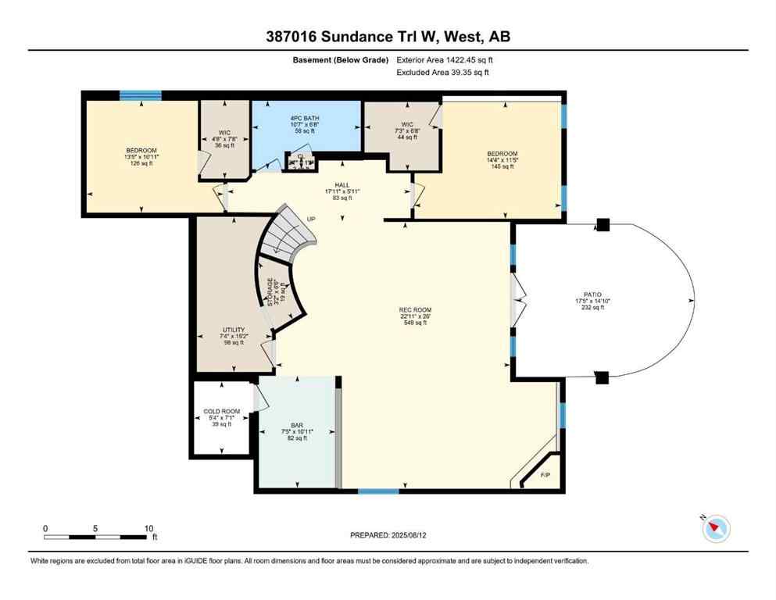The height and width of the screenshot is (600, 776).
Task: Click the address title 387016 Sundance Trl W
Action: (388, 37)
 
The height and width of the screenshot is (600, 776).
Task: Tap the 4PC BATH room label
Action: (305, 119)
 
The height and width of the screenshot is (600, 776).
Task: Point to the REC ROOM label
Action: (415, 310)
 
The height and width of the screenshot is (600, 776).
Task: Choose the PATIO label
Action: (592, 295)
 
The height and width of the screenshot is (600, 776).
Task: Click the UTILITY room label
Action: (234, 330)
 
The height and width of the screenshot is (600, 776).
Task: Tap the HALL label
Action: (342, 184)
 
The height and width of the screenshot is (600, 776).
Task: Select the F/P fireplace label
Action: (545, 474)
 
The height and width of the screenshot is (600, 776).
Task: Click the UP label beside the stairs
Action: (312, 219)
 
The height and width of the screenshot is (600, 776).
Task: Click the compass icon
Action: (716, 529)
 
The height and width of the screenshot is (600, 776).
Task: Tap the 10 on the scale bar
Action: (148, 527)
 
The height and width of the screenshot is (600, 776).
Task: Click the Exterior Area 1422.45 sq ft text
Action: (445, 59)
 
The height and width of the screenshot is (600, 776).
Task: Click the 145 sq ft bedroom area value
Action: (502, 166)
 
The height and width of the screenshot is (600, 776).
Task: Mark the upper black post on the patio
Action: (602, 225)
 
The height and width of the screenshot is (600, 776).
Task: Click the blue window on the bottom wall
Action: (378, 491)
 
